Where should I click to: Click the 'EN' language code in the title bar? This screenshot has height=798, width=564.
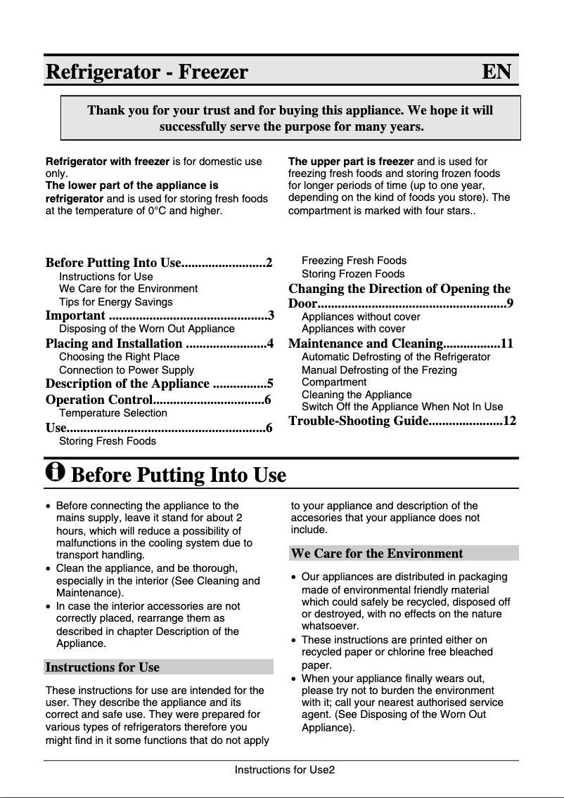[496, 72]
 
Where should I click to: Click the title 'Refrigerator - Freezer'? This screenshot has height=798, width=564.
[147, 72]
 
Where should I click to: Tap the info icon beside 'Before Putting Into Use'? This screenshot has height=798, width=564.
[55, 472]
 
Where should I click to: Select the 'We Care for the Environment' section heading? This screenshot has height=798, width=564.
[377, 554]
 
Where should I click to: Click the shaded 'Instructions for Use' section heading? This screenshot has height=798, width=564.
[103, 667]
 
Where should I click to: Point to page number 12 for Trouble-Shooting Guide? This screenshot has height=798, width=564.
[510, 421]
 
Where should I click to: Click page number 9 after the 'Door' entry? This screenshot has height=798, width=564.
[510, 303]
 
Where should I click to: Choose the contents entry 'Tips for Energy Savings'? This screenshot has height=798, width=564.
[115, 302]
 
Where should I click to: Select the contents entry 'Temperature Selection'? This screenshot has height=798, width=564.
[113, 413]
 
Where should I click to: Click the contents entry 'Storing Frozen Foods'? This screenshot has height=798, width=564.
[353, 274]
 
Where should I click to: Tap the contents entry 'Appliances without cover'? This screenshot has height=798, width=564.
[361, 317]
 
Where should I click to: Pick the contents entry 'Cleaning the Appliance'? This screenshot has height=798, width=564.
[357, 395]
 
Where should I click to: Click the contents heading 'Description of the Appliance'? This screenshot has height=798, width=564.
[127, 384]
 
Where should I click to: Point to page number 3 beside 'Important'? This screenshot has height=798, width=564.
[271, 315]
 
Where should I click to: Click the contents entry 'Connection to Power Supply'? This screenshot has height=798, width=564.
[127, 370]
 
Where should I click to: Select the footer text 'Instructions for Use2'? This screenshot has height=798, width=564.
[284, 770]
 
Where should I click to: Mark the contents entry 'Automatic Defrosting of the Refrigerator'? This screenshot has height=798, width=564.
[396, 357]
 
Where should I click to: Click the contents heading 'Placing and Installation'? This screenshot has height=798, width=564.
[114, 344]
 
